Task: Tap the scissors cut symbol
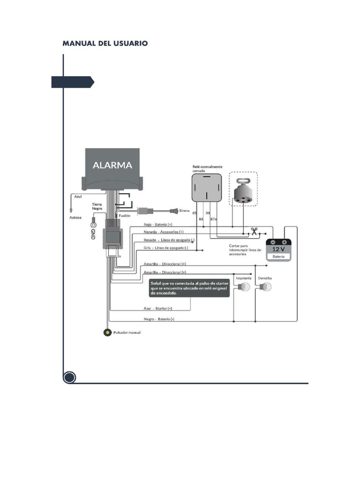click(254, 231)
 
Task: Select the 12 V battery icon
click(279, 249)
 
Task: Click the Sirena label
click(184, 210)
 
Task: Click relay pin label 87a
click(213, 219)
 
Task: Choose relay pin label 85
click(195, 213)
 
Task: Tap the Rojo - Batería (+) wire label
click(158, 225)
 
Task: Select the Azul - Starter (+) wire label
click(157, 308)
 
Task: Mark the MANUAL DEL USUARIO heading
click(105, 43)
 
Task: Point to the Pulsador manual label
click(127, 333)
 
